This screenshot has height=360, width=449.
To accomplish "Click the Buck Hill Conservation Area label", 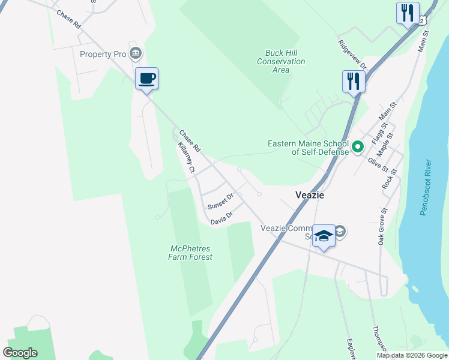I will click(281, 62).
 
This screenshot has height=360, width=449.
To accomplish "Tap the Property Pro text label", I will click(103, 54).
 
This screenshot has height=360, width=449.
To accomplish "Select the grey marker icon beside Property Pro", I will click(136, 54).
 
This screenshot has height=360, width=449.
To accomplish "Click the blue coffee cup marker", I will click(146, 78).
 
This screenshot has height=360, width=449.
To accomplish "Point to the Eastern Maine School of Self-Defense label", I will click(308, 148).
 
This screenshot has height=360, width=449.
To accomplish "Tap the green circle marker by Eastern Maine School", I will click(358, 146).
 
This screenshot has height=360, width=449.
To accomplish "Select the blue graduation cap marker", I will click(324, 235).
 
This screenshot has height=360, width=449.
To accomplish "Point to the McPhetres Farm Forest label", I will click(191, 253).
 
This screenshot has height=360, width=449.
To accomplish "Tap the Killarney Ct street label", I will click(185, 158).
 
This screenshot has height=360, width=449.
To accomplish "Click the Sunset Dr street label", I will click(220, 202).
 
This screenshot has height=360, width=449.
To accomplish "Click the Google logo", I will click(20, 352).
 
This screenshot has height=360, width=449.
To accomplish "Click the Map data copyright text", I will click(412, 355).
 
